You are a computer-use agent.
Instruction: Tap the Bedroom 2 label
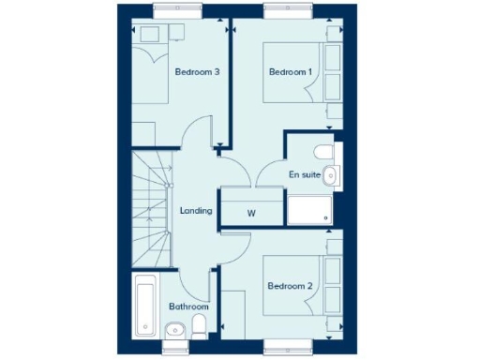tap(289, 286)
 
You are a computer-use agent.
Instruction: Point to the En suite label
tap(305, 174)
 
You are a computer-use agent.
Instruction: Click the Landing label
tap(196, 211)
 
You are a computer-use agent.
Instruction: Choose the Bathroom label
tap(188, 307)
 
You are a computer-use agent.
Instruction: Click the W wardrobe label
tap(251, 213)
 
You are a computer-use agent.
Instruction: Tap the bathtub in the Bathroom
tap(145, 306)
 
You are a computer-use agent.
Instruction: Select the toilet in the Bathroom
tap(199, 326)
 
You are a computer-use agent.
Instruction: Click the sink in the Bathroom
tap(173, 328)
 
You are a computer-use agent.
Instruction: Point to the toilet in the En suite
tap(322, 153)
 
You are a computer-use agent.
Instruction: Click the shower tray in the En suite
tap(310, 210)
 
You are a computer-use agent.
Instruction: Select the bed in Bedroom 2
tap(293, 284)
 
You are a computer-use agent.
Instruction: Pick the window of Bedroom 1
tap(284, 12)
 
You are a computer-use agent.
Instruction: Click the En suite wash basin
tap(332, 173)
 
